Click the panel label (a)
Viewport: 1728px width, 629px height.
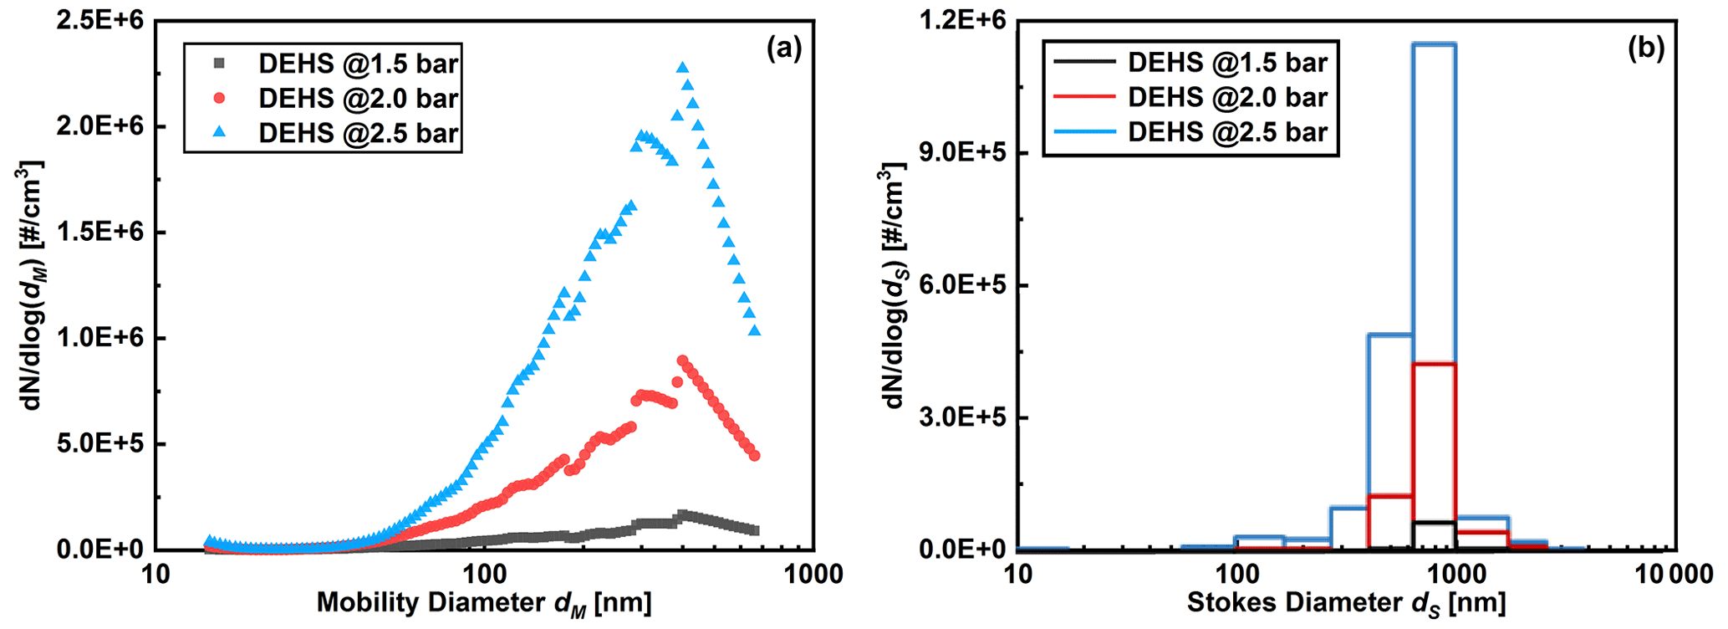pos(783,49)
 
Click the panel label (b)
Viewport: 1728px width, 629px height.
pos(1645,49)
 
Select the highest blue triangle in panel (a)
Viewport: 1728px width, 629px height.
pos(682,68)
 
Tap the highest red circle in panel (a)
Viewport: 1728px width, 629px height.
pos(682,361)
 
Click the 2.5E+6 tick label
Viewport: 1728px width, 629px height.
pos(101,20)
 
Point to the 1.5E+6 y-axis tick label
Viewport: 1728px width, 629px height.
pos(101,233)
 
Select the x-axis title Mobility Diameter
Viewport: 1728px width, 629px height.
pos(483,603)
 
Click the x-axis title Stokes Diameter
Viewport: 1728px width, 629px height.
pos(1346,603)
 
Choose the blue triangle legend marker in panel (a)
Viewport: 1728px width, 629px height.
pos(220,133)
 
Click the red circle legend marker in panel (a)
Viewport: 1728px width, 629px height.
pos(220,98)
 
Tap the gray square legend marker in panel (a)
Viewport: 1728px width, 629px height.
pos(220,63)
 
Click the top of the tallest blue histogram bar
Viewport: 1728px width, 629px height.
pos(1435,44)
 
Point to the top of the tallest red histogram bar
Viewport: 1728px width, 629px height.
pos(1435,364)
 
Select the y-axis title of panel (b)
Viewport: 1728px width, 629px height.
pos(894,284)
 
